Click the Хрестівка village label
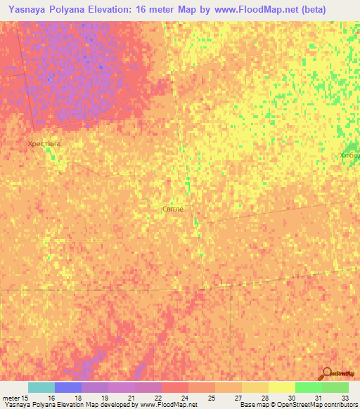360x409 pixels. [x=44, y=143]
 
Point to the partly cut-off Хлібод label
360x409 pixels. [x=349, y=155]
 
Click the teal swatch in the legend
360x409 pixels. [x=41, y=387]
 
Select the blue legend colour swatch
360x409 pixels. [x=68, y=387]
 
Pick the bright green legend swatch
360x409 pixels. [x=309, y=387]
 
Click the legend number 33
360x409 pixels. [x=345, y=398]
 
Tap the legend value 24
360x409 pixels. [x=185, y=398]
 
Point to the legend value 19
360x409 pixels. [x=105, y=398]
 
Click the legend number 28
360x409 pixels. [x=265, y=398]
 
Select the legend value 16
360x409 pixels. [x=51, y=398]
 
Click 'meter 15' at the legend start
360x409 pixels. [x=15, y=398]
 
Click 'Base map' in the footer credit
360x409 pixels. [x=254, y=405]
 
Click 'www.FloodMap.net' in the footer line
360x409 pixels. [x=168, y=405]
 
